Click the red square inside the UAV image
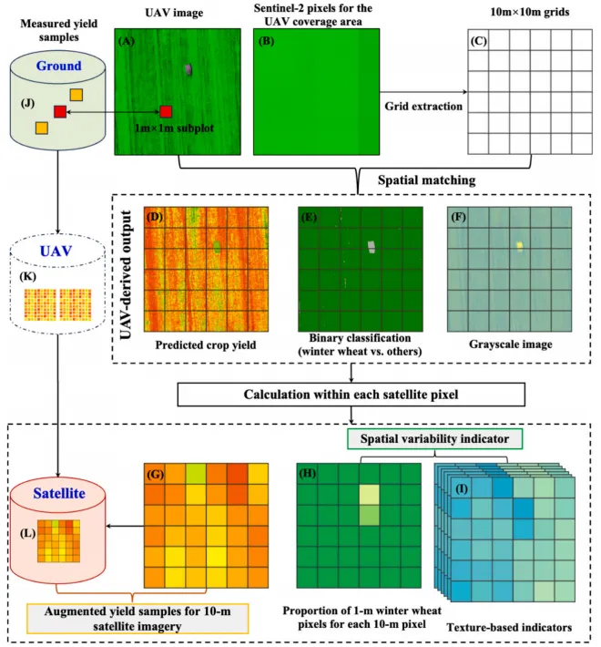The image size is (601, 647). click(166, 111)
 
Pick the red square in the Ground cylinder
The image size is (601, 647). click(60, 111)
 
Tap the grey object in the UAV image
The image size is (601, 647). click(188, 68)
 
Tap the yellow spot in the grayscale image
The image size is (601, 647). click(519, 244)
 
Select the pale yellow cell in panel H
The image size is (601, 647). click(368, 496)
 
